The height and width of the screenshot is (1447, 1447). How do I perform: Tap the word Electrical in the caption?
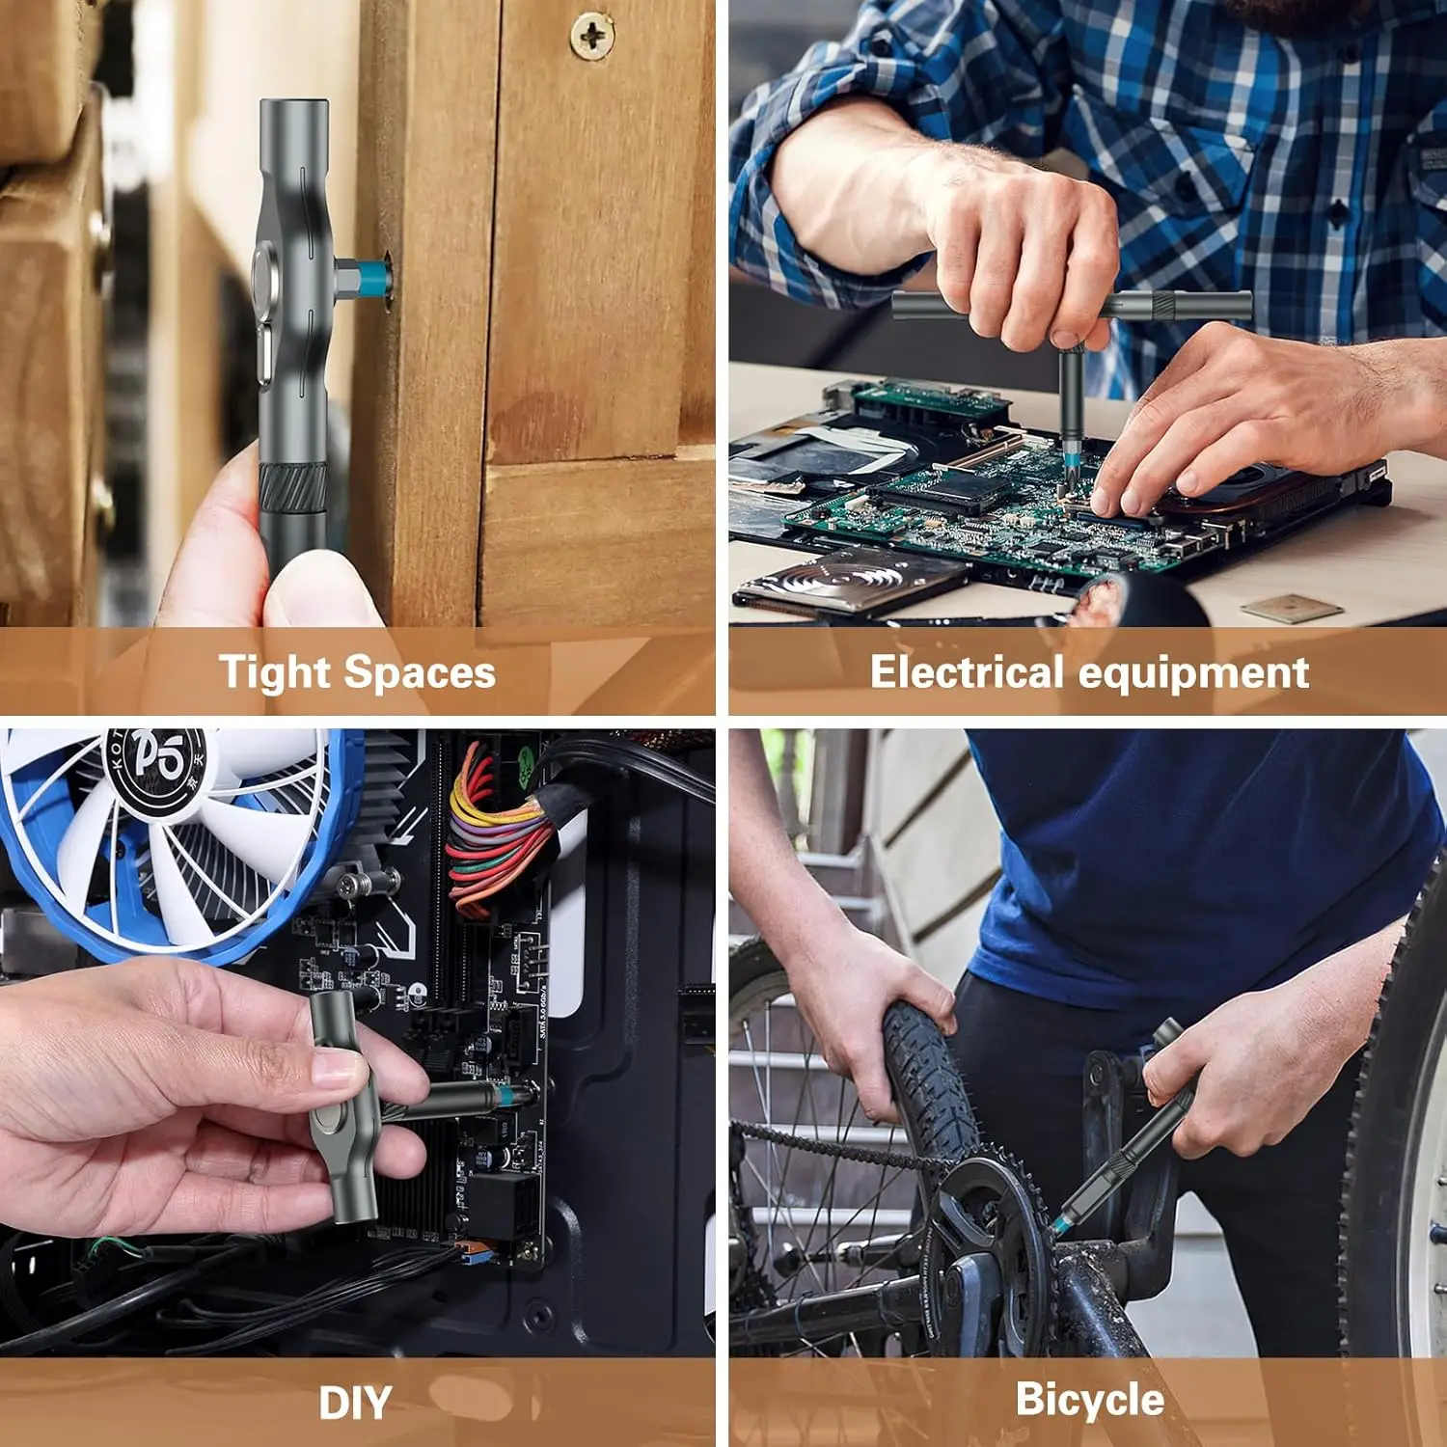pos(966,672)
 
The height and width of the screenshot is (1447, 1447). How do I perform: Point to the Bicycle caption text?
pos(1089,1400)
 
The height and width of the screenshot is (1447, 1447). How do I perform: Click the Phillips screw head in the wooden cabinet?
pos(591,36)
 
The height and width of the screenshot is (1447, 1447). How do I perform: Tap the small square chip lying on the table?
pos(1291,608)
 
